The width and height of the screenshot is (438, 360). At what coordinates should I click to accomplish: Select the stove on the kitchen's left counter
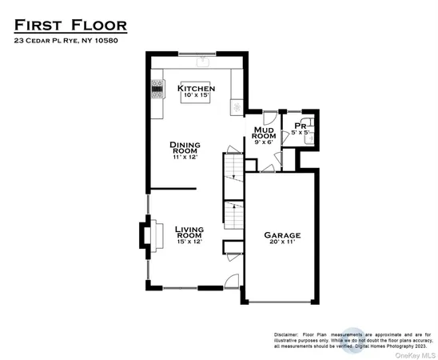click(x=156, y=90)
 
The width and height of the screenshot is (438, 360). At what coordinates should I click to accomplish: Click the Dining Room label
click(x=184, y=148)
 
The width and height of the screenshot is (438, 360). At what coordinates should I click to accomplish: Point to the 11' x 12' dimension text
click(x=184, y=158)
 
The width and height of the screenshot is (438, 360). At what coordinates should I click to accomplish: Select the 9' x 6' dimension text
click(x=264, y=142)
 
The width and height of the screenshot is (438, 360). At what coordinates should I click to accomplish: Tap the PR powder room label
click(x=300, y=126)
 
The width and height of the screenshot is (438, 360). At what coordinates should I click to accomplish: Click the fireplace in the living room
click(x=148, y=235)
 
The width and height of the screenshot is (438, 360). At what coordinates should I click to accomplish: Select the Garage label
click(x=282, y=235)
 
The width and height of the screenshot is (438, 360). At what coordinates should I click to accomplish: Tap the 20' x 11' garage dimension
click(x=282, y=245)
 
